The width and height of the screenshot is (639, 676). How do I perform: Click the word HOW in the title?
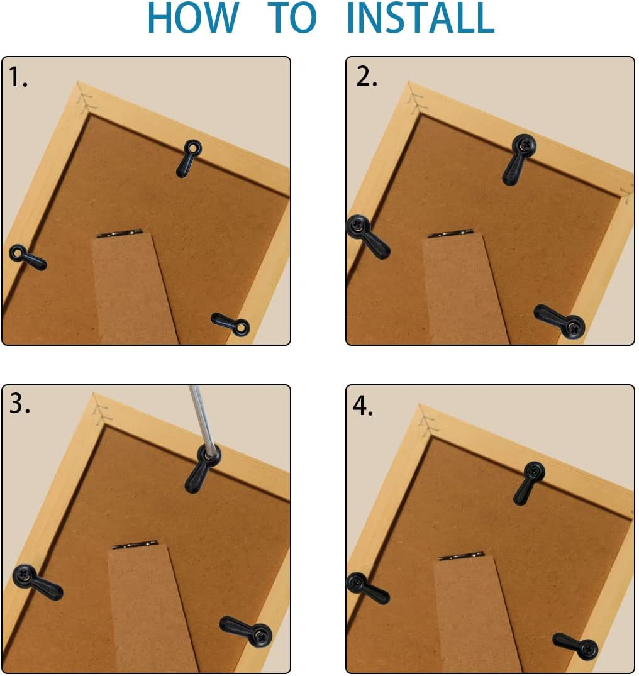coord(193,19)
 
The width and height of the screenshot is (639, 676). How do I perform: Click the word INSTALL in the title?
coord(420,19)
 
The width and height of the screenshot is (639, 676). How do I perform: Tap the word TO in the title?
coord(292,19)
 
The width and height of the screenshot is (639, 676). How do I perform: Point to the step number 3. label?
coord(19,404)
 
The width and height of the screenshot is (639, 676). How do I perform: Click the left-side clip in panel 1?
coord(27,257)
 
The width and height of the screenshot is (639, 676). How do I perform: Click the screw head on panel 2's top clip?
coord(523,145)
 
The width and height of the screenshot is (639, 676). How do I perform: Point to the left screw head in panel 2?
coord(358,226)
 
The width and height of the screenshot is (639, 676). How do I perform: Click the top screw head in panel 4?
coord(534,472)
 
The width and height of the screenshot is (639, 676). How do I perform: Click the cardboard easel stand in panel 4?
coord(475,616)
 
